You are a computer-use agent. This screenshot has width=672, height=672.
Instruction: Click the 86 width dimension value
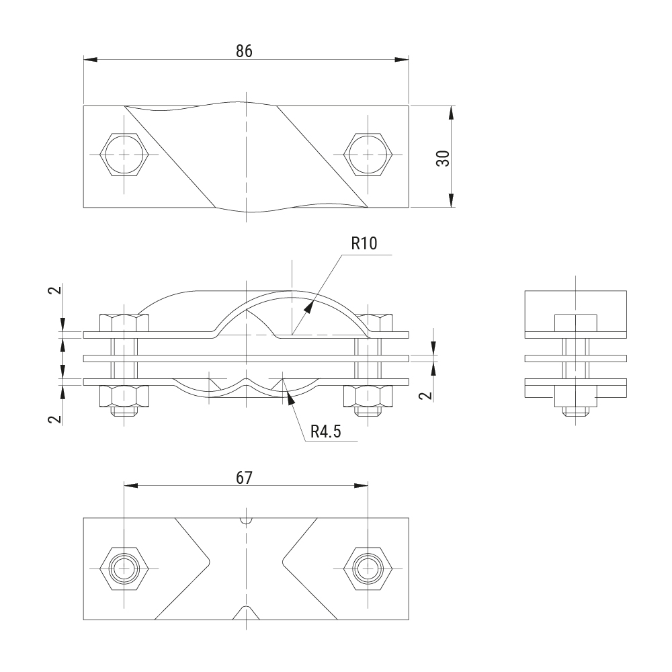[x=244, y=52]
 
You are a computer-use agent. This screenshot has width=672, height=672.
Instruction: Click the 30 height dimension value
[x=443, y=158]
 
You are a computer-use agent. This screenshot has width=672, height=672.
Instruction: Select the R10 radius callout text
[x=364, y=243]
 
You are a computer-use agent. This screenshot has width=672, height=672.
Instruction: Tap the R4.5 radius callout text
[x=326, y=431]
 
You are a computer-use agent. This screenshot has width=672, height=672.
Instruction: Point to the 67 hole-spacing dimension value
[x=245, y=478]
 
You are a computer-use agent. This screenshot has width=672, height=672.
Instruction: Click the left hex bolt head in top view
[x=124, y=155]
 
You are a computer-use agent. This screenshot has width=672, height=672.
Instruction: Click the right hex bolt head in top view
[x=368, y=155]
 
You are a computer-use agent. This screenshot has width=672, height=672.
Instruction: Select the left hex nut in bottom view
[x=124, y=569]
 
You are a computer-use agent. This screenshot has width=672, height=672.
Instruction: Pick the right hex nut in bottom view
[x=368, y=569]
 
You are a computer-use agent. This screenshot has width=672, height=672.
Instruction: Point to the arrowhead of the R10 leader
[x=308, y=306]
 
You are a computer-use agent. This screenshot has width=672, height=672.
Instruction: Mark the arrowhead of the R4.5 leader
[x=291, y=398]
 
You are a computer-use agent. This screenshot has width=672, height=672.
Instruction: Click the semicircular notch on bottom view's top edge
[x=246, y=521]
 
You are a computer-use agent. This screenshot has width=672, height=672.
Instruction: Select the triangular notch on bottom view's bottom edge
[x=246, y=614]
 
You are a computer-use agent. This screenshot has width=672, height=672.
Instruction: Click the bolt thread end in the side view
[x=576, y=411]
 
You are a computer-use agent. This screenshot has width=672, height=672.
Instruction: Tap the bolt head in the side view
[x=576, y=323]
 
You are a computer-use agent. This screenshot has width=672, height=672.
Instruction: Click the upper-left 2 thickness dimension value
[x=55, y=290]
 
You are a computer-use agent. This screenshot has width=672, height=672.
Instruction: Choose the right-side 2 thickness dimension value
[x=425, y=395]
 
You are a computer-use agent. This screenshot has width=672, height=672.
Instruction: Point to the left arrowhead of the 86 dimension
[x=90, y=60]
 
